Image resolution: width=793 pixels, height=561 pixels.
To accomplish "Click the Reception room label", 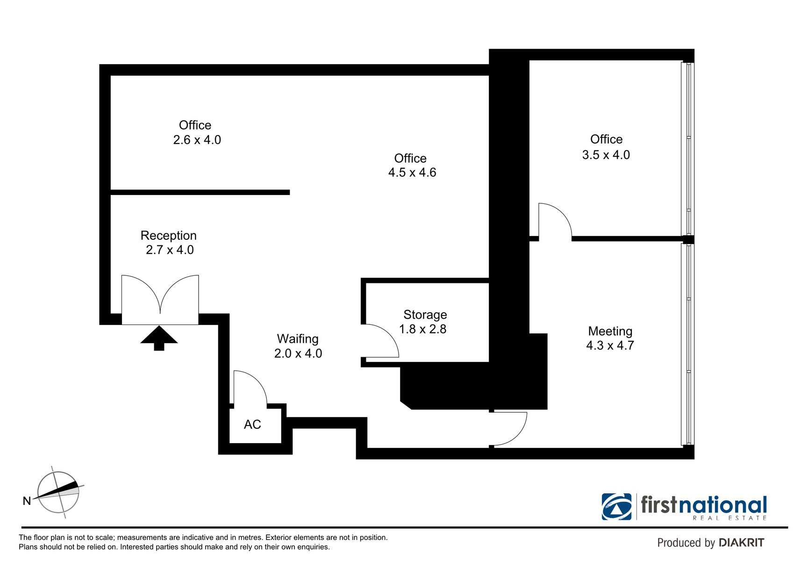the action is (169, 236).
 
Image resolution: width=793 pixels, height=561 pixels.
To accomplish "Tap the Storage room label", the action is (425, 315).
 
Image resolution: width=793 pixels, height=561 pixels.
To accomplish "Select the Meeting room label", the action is (610, 331).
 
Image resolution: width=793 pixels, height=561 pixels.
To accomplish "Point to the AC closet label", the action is (252, 424).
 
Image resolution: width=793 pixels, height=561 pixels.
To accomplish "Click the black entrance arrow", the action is (159, 338).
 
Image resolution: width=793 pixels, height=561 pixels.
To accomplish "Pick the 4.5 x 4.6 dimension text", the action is (412, 173).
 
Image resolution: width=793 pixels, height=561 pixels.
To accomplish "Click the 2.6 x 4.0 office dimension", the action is (197, 140).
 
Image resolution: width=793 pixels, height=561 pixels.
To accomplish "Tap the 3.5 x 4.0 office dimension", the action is (606, 155).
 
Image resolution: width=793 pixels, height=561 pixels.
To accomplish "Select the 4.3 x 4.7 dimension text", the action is (610, 345).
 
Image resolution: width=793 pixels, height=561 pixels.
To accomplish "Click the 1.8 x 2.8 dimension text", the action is (423, 329).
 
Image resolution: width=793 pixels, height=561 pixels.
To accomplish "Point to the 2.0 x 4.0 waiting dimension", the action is (298, 353).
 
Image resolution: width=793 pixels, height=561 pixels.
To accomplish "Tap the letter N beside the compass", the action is (27, 501).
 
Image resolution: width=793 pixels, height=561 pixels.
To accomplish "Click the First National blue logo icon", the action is (616, 507).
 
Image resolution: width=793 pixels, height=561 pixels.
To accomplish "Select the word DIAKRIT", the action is (741, 543).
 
